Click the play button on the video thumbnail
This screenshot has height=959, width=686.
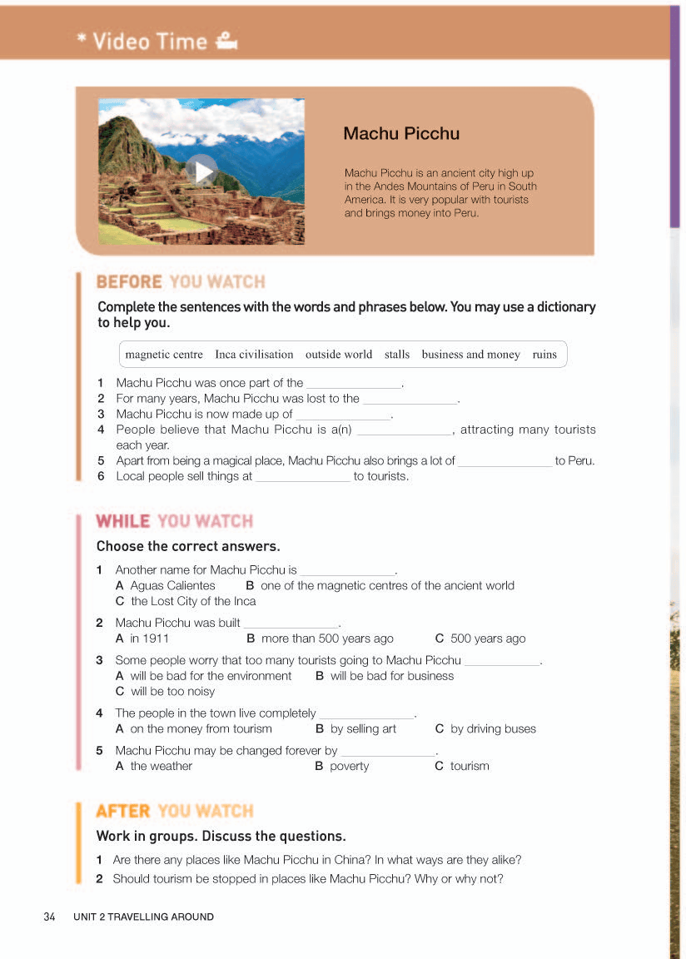coord(201,171)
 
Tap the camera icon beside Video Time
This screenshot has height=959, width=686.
coord(226,41)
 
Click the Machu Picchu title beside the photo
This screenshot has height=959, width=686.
coord(401,133)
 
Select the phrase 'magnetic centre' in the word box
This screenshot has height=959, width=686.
coord(164,355)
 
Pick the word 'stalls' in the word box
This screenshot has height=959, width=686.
coord(397,355)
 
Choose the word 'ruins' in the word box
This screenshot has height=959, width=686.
coord(544,355)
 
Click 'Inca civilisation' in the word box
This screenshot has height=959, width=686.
coord(254,355)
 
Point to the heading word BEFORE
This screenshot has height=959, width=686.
coord(129,282)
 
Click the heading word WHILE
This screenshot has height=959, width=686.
coord(123,522)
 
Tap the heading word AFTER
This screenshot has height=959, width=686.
coord(123,811)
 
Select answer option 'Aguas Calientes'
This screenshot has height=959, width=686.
coord(172,585)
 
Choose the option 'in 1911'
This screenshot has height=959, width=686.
coord(149,639)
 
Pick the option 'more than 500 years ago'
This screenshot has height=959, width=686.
coord(326,639)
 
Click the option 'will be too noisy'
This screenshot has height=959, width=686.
coord(172,691)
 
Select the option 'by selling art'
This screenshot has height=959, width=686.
coord(363,728)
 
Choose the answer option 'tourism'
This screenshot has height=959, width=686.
coord(470,766)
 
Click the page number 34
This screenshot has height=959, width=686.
coord(49,917)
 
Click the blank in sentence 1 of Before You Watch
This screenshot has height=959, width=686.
coord(355,385)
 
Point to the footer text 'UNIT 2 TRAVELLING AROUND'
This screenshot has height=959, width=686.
coord(143,917)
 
